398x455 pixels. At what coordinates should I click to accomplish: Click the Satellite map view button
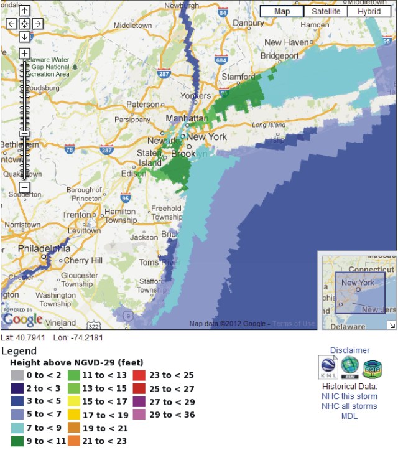326,11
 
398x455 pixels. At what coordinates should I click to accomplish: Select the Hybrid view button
369,11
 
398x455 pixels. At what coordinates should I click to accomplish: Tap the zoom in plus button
24,54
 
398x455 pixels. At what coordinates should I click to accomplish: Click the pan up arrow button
24,11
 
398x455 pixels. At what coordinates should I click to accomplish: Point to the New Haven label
287,42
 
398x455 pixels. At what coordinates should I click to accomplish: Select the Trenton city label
77,215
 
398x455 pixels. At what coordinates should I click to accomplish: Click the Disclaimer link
349,350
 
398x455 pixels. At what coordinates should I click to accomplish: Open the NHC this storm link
349,396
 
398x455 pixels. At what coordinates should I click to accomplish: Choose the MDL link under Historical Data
349,416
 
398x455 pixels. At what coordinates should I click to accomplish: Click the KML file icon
328,367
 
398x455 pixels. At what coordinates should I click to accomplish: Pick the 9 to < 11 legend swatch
18,441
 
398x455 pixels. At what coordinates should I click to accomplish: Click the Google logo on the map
22,319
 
